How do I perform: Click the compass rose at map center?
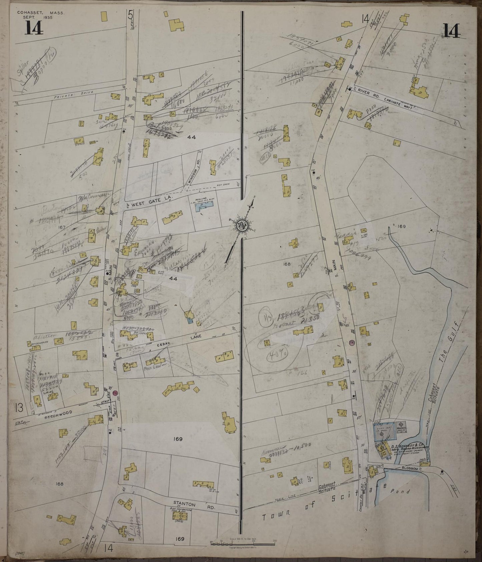pos(241,226)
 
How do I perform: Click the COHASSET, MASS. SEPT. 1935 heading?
pos(41,15)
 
